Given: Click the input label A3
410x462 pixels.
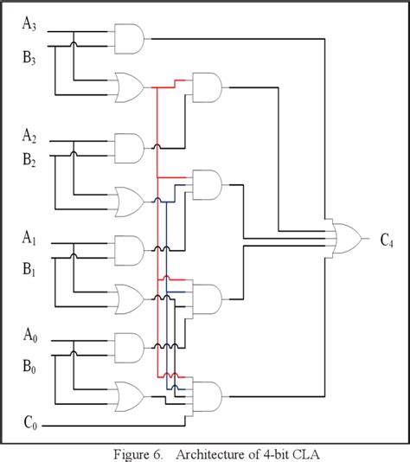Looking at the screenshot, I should point(30,24).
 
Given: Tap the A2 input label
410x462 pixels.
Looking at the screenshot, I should point(30,136).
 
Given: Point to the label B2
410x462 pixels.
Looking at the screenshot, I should point(30,161).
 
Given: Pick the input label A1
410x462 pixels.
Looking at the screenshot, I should point(30,237).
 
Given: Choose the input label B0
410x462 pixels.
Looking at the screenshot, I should point(30,366).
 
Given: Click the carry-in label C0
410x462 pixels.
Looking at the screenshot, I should point(30,425).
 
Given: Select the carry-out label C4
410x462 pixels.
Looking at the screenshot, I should point(389,239).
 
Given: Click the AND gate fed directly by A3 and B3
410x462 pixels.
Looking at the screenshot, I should point(131,37).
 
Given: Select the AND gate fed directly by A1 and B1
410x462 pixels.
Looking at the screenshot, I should point(131,252).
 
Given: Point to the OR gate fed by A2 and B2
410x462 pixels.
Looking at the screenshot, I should point(131,202).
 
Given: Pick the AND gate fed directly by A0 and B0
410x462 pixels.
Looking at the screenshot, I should point(131,350).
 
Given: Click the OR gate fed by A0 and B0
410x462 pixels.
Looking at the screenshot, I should point(131,395).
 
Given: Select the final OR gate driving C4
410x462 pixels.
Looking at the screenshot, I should point(349,238).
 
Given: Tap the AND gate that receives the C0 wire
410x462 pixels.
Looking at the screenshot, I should point(208,397).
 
